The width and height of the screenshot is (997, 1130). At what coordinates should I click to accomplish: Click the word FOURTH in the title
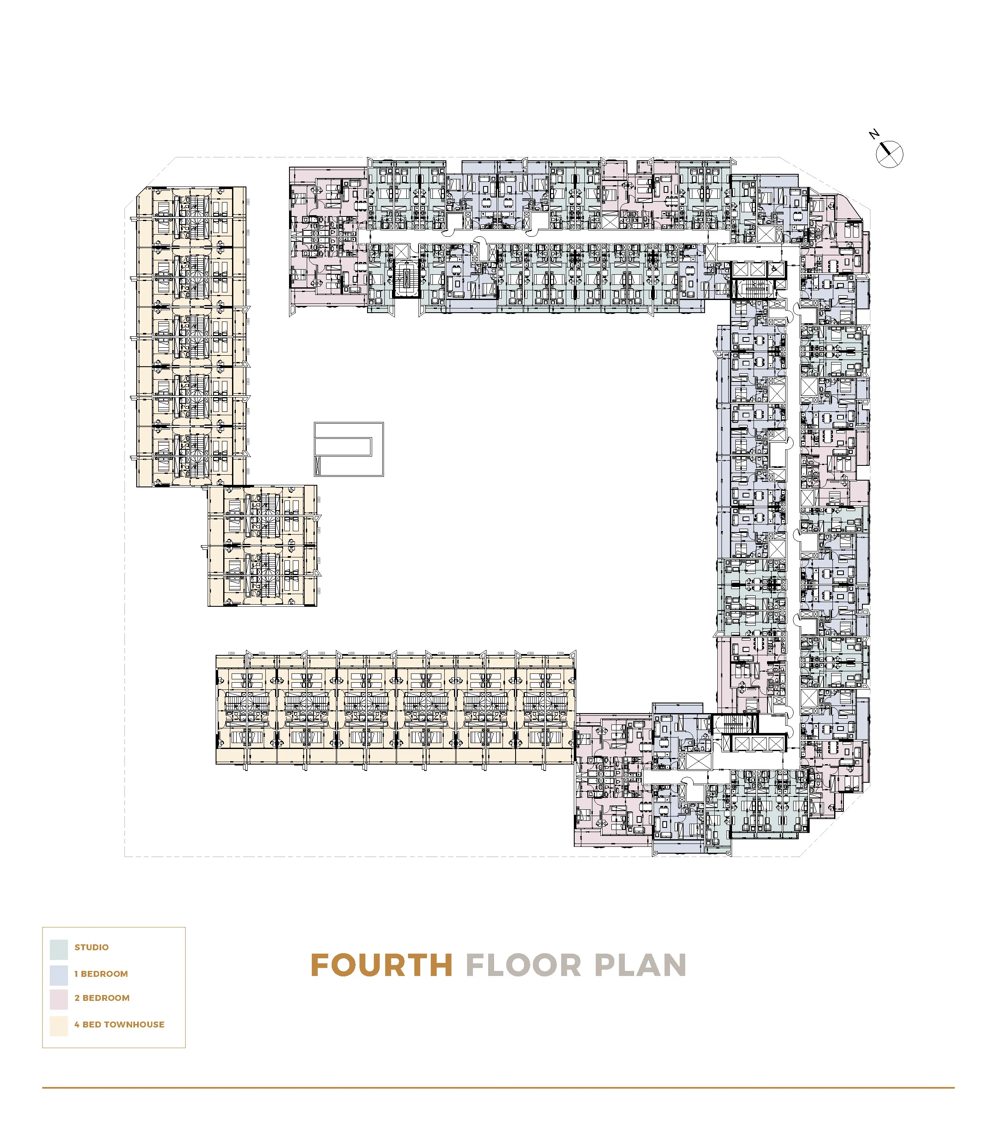(x=381, y=966)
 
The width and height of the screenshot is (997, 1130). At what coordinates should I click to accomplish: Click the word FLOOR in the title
(x=523, y=966)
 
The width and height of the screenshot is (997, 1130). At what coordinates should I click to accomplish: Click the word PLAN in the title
(x=640, y=966)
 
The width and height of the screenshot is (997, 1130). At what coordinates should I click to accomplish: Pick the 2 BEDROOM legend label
(x=102, y=998)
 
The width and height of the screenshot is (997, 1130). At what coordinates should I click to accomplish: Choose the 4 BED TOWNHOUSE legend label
(x=119, y=1025)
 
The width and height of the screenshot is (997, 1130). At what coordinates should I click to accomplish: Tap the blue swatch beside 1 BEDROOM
(x=59, y=975)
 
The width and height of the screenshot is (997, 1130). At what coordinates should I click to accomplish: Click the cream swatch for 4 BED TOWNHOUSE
(x=59, y=1025)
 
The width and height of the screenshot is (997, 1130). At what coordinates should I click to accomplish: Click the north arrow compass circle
(x=890, y=154)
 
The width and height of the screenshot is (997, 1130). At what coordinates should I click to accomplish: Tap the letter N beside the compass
(x=874, y=134)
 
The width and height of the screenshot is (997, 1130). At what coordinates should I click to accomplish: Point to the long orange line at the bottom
(x=497, y=1088)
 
